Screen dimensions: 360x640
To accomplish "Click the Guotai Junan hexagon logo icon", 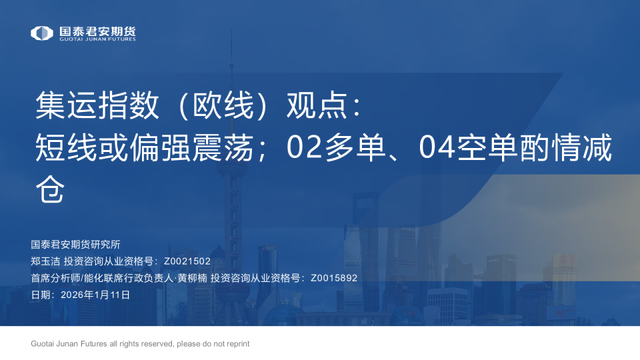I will tap(42, 33).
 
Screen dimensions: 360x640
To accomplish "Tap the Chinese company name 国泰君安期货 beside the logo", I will tap(97, 30).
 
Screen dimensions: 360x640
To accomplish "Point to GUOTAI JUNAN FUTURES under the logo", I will tap(97, 40).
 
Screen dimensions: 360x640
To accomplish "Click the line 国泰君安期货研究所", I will tap(75, 245).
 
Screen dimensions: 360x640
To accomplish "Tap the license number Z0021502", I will tap(187, 261).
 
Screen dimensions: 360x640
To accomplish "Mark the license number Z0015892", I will tap(334, 278).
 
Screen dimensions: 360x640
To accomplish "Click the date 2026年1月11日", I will tap(95, 294).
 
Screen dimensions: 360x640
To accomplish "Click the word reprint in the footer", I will tap(236, 344).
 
